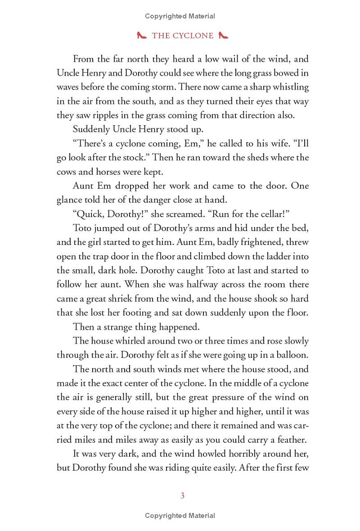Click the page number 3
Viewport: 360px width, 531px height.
point(182,496)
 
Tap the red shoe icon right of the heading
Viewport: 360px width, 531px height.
point(223,36)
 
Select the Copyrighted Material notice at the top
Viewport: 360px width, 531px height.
point(180,16)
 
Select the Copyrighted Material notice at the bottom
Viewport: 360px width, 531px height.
point(180,516)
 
